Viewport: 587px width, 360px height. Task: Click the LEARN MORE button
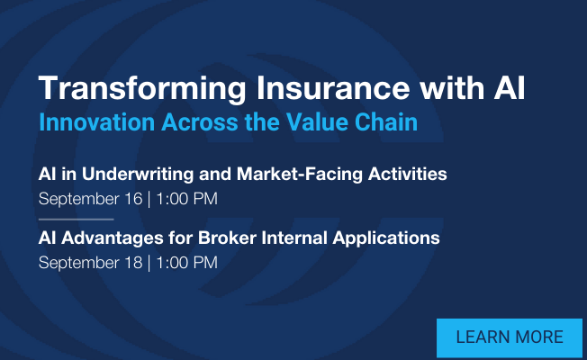coord(510,337)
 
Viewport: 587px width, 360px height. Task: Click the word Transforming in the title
coord(142,89)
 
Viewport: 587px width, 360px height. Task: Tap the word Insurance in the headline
coord(333,88)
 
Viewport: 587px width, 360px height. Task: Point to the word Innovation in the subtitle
coord(96,122)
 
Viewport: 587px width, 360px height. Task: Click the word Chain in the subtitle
coord(386,122)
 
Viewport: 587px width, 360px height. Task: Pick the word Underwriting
coord(138,175)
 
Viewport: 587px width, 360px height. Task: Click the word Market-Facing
coord(300,175)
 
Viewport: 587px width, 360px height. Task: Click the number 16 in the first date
coord(133,199)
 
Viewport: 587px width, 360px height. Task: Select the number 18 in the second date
coord(133,263)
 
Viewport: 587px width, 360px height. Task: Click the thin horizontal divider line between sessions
coord(76,220)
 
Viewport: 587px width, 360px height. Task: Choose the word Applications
coord(386,238)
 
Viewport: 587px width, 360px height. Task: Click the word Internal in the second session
coord(294,238)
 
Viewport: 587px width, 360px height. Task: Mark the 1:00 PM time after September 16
coord(186,199)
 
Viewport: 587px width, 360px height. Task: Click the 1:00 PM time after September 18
coord(186,263)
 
